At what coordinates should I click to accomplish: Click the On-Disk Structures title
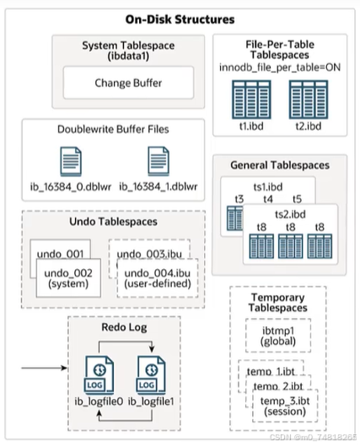pyautogui.click(x=180, y=18)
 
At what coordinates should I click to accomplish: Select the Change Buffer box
pyautogui.click(x=128, y=83)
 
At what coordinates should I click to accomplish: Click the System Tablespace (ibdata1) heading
pyautogui.click(x=128, y=51)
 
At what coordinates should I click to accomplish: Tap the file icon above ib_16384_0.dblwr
pyautogui.click(x=73, y=160)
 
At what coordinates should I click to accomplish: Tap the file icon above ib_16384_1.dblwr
pyautogui.click(x=158, y=160)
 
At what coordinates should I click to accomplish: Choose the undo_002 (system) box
pyautogui.click(x=70, y=278)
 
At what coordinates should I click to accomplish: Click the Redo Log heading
pyautogui.click(x=122, y=326)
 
